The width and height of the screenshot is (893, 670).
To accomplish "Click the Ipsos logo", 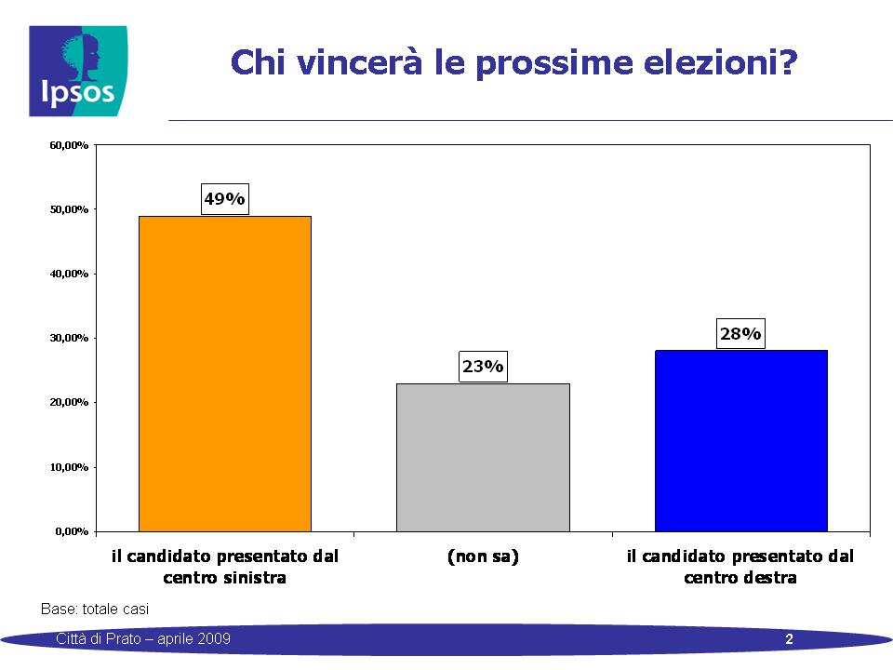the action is coord(78,72).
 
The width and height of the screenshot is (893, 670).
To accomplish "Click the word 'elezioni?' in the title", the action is coord(720,62).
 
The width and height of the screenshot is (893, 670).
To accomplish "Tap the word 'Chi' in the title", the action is coord(258,62).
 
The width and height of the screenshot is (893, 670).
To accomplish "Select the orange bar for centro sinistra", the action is coord(225,374).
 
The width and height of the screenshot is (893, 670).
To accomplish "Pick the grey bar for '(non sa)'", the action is coord(483,458).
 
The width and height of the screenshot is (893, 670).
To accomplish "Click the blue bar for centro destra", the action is coord(741,441).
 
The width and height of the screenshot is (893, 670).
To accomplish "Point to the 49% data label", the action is coord(225,199).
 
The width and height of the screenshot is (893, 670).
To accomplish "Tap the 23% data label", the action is coord(483,367).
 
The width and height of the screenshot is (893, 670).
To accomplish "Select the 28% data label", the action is coord(740,333).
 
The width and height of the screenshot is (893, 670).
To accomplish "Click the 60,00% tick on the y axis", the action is coord(69,145).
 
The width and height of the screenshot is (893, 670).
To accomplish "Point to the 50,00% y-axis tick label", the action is coord(69,209).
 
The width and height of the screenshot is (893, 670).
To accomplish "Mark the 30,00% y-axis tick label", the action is coord(69,338).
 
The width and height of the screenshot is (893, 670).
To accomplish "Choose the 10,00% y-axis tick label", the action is coord(69,467).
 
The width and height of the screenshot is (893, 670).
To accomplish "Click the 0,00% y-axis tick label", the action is coord(72,531).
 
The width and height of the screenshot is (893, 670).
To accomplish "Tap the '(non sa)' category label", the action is coord(483,556).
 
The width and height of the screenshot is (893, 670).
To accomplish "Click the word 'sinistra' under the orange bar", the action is coord(255,578).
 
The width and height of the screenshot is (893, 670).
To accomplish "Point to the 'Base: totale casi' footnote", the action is coord(95,609).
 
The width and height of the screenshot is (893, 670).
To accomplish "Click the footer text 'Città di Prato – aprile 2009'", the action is coord(143,638).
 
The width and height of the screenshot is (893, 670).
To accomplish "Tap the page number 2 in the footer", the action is coord(790,639).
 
